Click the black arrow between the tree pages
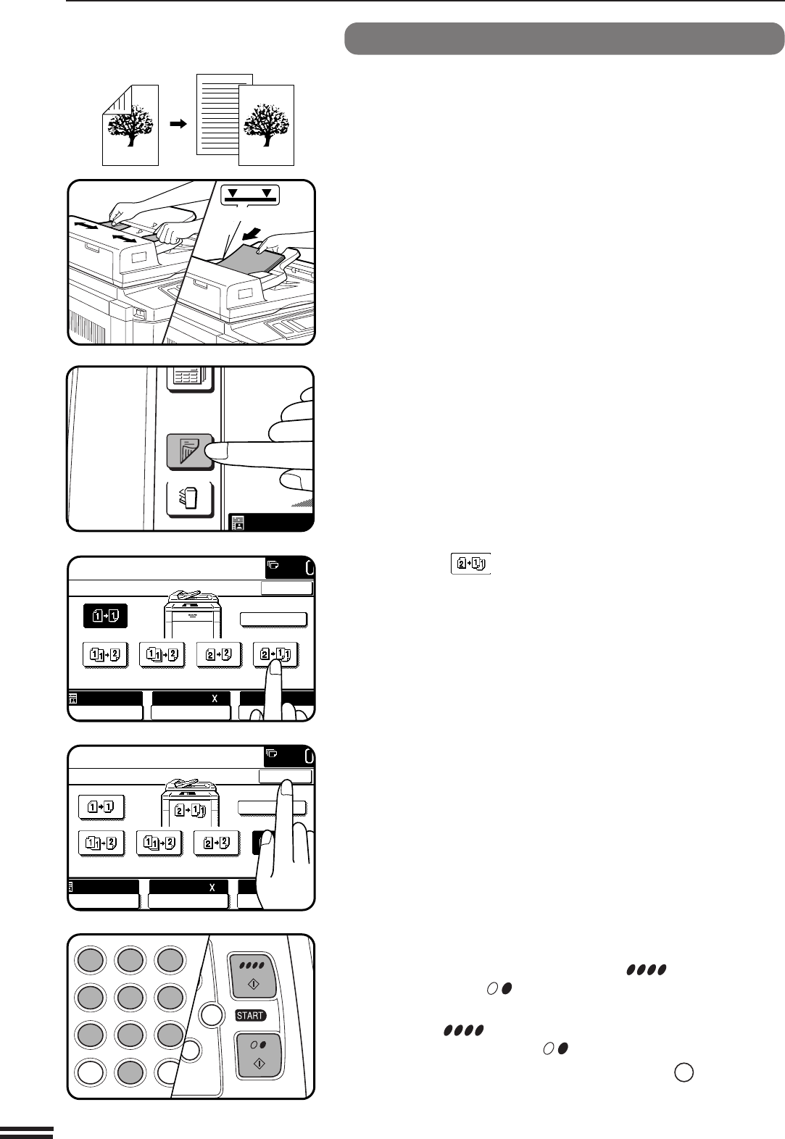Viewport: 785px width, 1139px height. tap(178, 124)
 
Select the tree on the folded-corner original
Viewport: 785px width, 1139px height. tap(130, 125)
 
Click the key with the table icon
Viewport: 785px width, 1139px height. tap(191, 379)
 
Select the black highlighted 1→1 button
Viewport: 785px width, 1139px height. tap(105, 616)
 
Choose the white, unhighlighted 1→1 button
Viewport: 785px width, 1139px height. tap(101, 807)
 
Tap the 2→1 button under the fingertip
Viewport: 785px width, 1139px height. tap(275, 654)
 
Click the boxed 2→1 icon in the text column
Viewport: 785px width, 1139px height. tap(470, 564)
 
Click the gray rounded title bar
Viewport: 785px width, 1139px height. tap(564, 38)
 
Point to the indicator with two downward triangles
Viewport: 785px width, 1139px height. tap(250, 195)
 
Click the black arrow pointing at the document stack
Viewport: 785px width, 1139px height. tap(252, 235)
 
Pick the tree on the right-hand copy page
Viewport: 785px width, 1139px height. tap(267, 125)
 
